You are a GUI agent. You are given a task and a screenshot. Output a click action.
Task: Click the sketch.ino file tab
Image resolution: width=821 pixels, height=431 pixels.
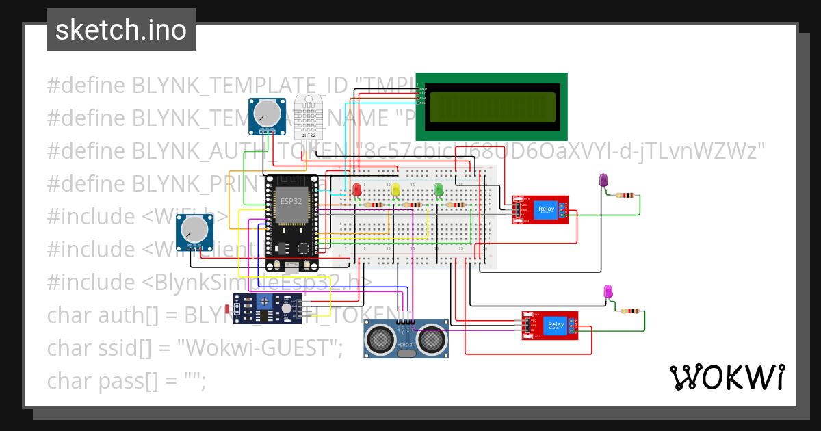click(121, 30)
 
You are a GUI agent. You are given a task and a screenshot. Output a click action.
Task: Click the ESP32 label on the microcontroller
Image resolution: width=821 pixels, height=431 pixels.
click(291, 202)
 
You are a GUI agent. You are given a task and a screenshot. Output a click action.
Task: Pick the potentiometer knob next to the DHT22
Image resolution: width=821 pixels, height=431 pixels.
click(267, 112)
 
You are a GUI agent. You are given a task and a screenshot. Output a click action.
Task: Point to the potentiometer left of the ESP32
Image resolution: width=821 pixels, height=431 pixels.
click(195, 231)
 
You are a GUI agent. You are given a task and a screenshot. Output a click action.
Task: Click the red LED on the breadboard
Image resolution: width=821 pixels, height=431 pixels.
click(357, 190)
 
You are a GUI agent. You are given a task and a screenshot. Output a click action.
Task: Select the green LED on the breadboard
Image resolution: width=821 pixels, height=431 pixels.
click(439, 190)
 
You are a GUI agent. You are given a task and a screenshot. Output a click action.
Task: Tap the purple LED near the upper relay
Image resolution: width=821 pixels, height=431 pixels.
click(603, 181)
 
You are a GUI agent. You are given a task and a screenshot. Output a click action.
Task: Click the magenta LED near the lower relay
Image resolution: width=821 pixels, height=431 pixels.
click(608, 292)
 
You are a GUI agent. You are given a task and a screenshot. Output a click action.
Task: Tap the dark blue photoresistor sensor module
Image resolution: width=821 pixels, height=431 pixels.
click(267, 309)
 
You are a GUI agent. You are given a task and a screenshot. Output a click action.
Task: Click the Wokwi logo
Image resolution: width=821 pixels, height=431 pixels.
click(727, 377)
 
